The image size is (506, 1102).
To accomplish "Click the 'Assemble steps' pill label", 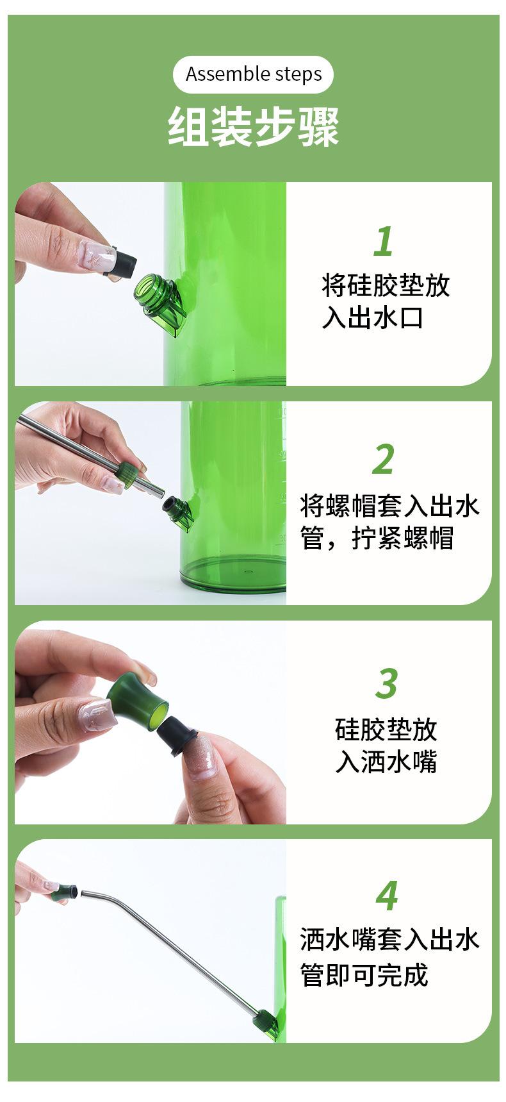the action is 253,74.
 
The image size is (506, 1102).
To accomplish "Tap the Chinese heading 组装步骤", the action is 253,127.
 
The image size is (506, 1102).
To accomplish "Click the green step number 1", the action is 384,241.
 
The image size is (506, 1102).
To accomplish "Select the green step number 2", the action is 383,460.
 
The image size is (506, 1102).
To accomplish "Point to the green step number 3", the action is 387,684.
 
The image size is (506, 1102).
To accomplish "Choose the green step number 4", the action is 387,896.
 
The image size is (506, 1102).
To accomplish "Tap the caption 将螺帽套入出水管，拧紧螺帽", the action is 389,522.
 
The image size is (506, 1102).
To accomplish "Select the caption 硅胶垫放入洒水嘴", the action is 386,746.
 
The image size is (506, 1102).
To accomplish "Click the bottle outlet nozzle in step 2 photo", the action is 177,512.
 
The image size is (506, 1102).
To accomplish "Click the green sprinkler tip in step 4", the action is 65,892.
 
